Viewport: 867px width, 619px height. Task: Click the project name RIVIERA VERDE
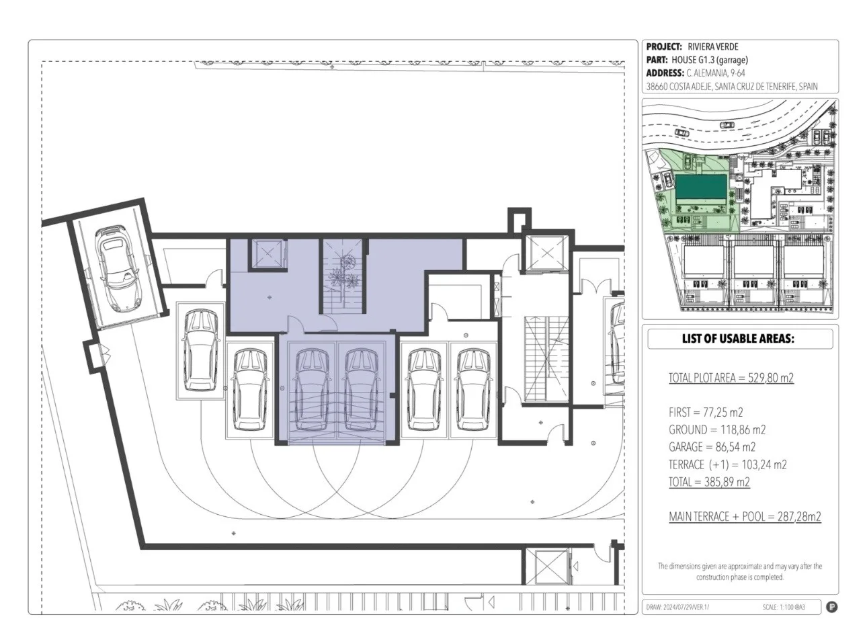tap(713, 47)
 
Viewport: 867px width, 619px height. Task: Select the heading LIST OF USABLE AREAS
tap(738, 339)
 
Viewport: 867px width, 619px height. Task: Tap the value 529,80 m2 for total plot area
tap(771, 378)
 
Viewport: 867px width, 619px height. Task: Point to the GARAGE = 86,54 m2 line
tap(712, 447)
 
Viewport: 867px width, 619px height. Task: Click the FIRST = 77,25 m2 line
tap(706, 412)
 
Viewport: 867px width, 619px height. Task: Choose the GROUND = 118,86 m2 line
tap(717, 429)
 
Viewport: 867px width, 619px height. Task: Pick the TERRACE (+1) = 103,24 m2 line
tap(728, 464)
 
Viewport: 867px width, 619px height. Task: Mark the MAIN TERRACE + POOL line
tap(745, 517)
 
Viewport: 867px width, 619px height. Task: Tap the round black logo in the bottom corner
tap(831, 607)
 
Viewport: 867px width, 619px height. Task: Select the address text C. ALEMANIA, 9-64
tap(716, 73)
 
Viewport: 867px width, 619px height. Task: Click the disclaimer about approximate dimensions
tap(740, 571)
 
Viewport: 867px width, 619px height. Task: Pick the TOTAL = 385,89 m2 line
tap(710, 482)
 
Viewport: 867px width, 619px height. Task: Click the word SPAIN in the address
tap(808, 86)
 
